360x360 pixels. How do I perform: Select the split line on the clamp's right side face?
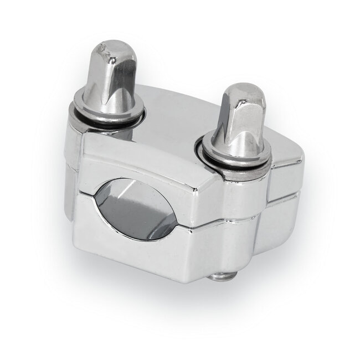(x=285, y=191)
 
